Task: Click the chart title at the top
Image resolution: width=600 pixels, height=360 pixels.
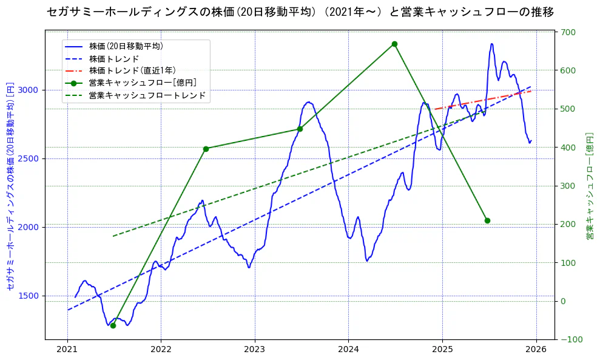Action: tap(300, 12)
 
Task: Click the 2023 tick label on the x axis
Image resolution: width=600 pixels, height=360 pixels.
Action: tap(255, 350)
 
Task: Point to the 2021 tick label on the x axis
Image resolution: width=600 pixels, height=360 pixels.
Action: tap(67, 350)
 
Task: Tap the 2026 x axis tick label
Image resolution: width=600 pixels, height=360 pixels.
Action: tap(536, 350)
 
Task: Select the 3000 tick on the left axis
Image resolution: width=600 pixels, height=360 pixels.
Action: tap(30, 90)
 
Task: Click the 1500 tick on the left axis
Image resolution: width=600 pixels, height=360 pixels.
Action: tap(30, 296)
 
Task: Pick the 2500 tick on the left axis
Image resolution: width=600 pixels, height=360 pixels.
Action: tap(30, 158)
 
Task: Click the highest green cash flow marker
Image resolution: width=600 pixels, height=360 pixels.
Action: tap(394, 44)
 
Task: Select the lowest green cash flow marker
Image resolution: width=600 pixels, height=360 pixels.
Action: tap(113, 325)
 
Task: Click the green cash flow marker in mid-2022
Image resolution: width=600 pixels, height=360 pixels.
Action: tap(206, 149)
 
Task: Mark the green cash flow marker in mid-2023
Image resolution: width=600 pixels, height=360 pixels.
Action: tap(300, 129)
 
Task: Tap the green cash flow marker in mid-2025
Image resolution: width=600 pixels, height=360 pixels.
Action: tap(487, 220)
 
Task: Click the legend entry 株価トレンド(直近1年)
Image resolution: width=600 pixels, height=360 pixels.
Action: tap(132, 70)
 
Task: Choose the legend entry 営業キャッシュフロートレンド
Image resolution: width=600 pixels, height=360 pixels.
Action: tap(147, 95)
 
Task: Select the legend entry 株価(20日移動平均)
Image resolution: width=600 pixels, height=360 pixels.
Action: tap(126, 46)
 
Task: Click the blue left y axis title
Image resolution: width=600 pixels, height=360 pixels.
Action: tap(10, 186)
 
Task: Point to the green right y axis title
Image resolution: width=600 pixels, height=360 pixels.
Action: tap(589, 186)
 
